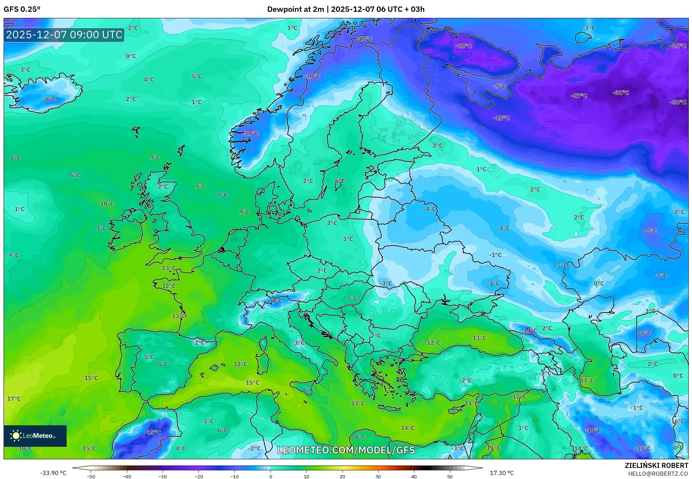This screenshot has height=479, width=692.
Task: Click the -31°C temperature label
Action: point(621,92)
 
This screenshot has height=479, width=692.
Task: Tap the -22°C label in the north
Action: point(463,46)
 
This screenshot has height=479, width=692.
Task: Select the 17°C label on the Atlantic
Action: point(14,398)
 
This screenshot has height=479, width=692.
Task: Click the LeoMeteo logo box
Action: point(35,436)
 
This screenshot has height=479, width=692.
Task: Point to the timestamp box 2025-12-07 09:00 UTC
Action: point(64,35)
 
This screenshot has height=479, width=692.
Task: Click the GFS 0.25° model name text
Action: point(22,9)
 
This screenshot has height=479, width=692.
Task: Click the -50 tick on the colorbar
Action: point(91,476)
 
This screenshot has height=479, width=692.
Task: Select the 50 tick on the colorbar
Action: point(450,476)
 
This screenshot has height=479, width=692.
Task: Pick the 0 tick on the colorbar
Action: point(270,476)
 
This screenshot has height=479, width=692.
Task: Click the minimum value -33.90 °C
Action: point(53,473)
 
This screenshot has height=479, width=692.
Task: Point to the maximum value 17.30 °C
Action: point(501,473)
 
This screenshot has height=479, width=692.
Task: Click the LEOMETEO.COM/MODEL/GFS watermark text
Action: point(346,450)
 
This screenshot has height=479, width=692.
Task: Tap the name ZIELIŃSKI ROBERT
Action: point(656,465)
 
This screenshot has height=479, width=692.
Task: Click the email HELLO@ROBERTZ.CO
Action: point(658,474)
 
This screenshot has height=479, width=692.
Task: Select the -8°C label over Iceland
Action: point(49,99)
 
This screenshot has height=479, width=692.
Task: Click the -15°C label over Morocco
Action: point(153,432)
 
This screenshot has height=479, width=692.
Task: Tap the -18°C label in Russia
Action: point(501,118)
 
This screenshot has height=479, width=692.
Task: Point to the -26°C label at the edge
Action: point(678,46)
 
